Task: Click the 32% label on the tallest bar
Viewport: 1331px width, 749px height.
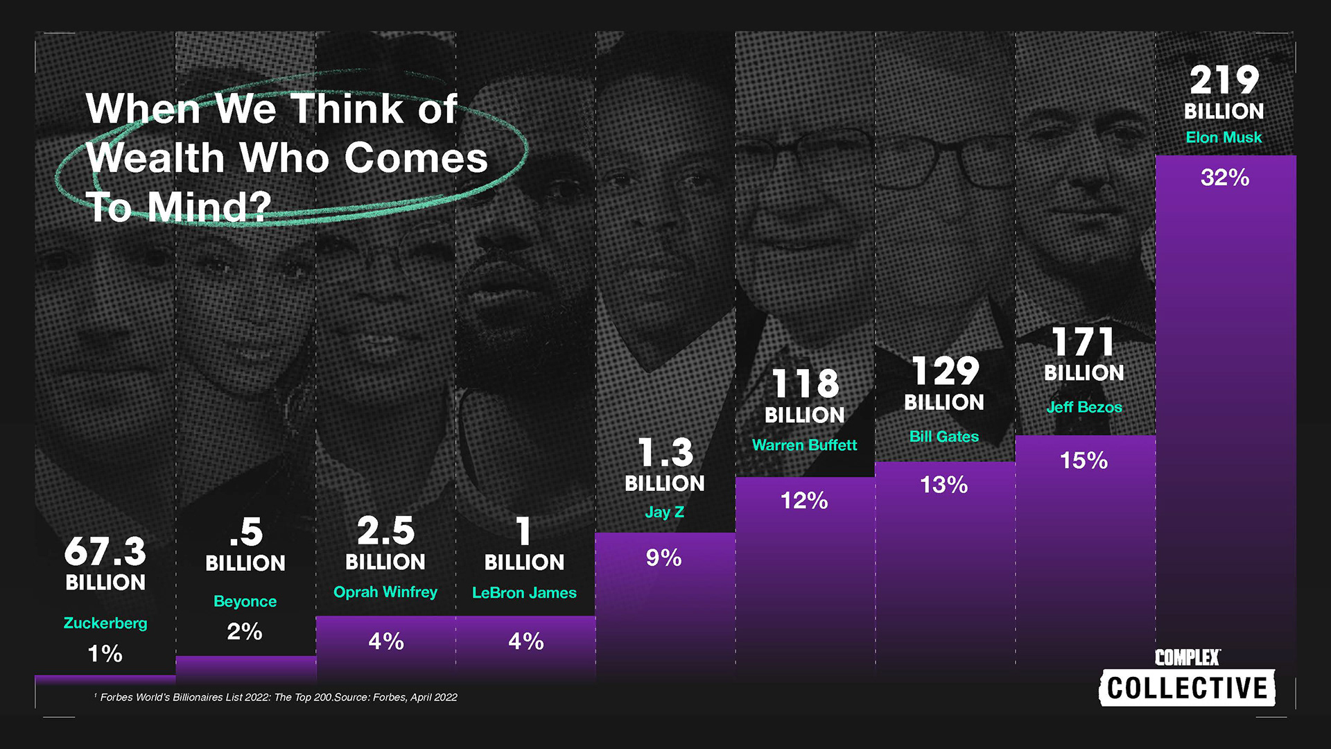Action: coord(1224,178)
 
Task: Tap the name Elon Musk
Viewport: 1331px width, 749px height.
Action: coord(1224,137)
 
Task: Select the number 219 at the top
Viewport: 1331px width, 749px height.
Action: coord(1224,80)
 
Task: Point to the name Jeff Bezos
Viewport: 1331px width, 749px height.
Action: coord(1084,407)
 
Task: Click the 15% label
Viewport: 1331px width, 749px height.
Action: coord(1084,460)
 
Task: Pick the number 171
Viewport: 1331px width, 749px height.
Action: coord(1083,342)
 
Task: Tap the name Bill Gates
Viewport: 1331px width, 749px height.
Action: coord(943,436)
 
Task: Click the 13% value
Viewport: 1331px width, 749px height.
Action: coord(943,485)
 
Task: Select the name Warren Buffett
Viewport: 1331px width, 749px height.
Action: coord(804,445)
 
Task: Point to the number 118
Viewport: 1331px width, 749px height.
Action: coord(805,383)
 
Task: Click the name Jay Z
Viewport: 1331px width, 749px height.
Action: coord(664,512)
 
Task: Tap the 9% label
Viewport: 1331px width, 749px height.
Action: coord(663,558)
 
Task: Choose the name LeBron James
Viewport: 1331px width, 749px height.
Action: coord(524,592)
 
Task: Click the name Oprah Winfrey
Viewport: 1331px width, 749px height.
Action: coord(385,592)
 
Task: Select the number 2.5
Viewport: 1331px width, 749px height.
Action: coord(385,531)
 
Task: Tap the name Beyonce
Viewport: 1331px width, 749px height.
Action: coord(245,601)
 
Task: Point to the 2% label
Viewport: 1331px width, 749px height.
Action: coord(245,631)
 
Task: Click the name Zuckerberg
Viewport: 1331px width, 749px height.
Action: coord(105,623)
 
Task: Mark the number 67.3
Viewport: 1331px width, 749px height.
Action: coord(105,552)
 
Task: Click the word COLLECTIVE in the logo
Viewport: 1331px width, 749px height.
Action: coord(1187,688)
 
